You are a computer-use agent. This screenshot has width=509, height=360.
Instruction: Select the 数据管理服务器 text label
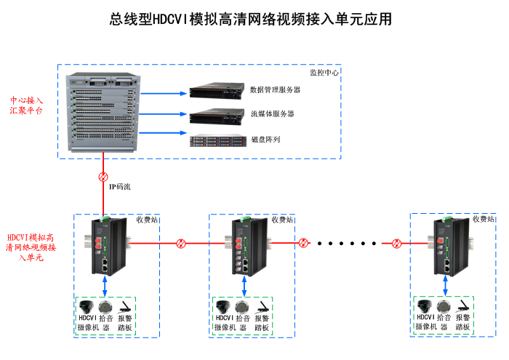(x=275, y=90)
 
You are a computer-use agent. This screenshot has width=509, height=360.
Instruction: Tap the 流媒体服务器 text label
(x=272, y=114)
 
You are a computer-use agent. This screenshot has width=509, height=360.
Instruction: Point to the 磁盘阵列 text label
(x=265, y=139)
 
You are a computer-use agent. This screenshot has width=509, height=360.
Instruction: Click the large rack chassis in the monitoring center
(x=105, y=113)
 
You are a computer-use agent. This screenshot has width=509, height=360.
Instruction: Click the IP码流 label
(x=120, y=187)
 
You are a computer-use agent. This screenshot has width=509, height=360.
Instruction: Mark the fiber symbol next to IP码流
(x=103, y=177)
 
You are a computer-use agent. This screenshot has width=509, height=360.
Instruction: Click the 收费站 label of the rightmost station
(x=483, y=219)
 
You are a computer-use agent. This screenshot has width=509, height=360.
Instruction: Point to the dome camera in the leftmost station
(x=88, y=306)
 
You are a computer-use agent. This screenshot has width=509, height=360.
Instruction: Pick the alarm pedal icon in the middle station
(x=263, y=306)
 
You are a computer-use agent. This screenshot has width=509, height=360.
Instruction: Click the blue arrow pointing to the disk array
(x=162, y=133)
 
